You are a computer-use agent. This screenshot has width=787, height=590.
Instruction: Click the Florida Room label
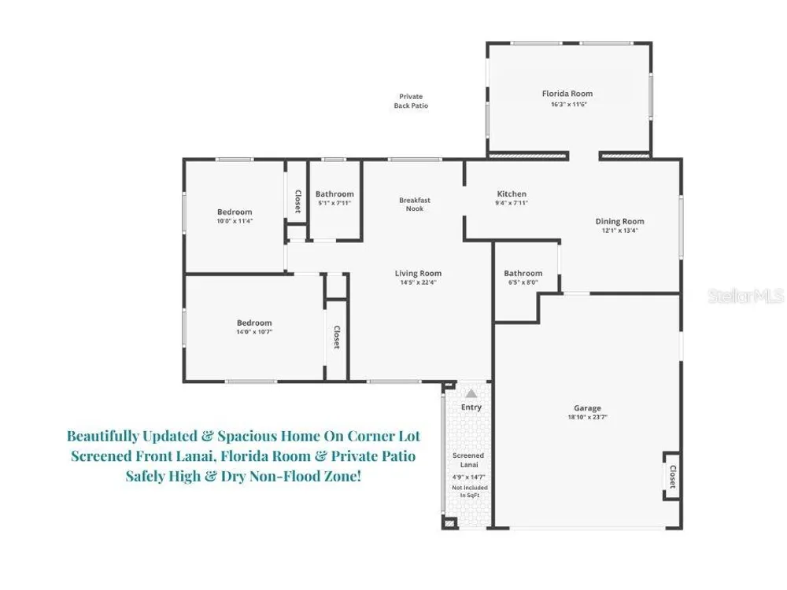point(567,94)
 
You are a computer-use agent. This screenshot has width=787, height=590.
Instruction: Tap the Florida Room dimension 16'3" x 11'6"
point(569,105)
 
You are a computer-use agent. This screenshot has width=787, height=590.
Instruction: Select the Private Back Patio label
point(411,101)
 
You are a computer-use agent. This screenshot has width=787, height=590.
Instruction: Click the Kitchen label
point(512,194)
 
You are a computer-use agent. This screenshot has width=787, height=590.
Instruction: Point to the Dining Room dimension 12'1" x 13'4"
point(620,230)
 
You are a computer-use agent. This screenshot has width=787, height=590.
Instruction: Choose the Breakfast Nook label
point(415,205)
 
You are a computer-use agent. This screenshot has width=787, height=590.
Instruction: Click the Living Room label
point(418,274)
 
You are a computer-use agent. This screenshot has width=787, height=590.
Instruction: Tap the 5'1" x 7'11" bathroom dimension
point(334,203)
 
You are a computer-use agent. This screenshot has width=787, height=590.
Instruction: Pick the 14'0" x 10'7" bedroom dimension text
point(254,332)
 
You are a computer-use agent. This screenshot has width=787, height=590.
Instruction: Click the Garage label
point(587,408)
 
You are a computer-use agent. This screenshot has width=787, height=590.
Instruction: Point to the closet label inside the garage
point(673,477)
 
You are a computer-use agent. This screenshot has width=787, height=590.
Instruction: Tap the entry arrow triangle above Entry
point(471,393)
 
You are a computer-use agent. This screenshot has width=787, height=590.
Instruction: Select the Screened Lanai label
point(468,460)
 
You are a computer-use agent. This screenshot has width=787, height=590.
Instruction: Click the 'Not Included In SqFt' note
point(470,491)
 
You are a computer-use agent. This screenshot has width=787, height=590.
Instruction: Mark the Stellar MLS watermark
point(746,296)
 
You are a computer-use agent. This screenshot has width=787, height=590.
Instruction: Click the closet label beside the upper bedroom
point(297,201)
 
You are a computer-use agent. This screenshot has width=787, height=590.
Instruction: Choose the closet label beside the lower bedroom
point(337,337)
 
